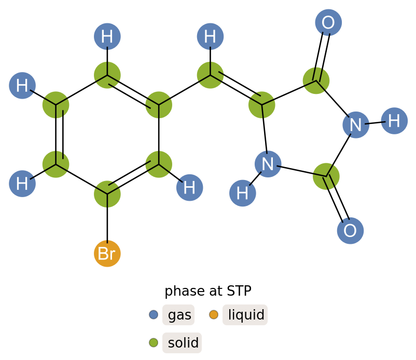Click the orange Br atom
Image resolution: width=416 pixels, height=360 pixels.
pos(107,254)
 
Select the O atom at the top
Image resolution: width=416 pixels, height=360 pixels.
pos(328,23)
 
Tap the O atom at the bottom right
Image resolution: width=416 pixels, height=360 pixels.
pos(350,231)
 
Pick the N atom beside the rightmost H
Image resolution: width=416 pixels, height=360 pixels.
pos(356,125)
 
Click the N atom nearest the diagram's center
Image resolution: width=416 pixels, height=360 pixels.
pos(268,164)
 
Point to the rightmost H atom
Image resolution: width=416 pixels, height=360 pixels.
pos(394,121)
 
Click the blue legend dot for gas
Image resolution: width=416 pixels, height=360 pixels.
pos(154,314)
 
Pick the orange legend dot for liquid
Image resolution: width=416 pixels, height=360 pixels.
pos(214,314)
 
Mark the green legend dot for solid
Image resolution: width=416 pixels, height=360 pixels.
pos(154,342)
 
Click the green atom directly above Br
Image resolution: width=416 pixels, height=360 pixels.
pos(107,194)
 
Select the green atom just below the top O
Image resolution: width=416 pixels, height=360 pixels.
pos(316,80)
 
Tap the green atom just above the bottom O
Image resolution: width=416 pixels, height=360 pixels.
pos(326,176)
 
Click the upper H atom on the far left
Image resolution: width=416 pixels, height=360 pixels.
pos(22,86)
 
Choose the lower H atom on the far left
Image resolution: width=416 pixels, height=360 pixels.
pos(22,184)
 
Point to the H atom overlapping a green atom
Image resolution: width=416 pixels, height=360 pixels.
pos(189,187)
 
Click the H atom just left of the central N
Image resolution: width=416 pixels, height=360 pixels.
pos(243,193)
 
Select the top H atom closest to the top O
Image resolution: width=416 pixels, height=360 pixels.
pos(210,37)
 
